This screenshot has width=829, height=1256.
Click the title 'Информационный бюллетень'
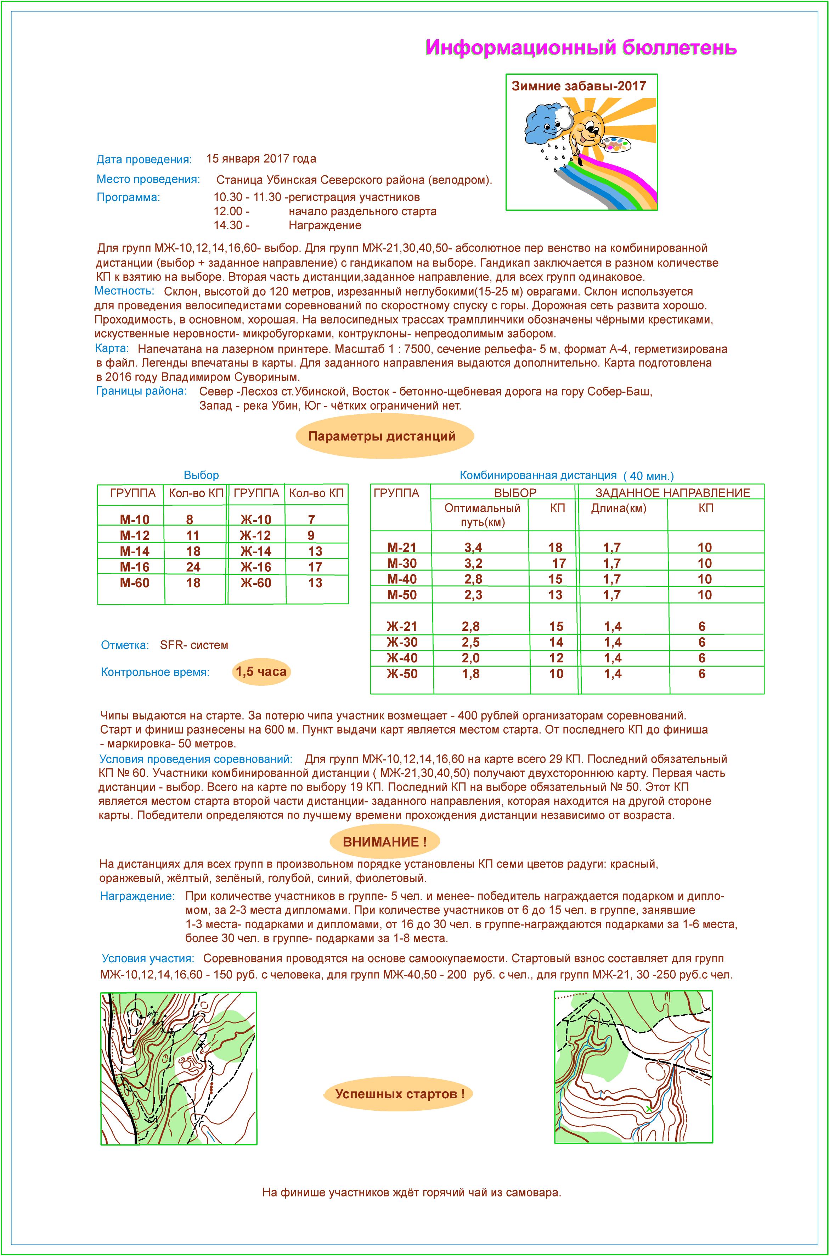click(x=581, y=47)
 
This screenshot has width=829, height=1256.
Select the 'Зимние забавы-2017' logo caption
click(x=579, y=86)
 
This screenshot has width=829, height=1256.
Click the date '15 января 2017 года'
click(x=261, y=159)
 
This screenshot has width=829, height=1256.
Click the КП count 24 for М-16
click(x=193, y=567)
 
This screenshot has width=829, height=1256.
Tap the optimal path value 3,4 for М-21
click(x=473, y=547)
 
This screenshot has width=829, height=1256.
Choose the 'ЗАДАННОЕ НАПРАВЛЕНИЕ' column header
click(x=672, y=493)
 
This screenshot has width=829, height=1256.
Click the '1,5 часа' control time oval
click(x=261, y=672)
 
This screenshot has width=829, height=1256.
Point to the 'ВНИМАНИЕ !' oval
click(x=384, y=841)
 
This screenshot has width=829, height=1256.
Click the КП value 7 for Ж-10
click(x=311, y=520)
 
